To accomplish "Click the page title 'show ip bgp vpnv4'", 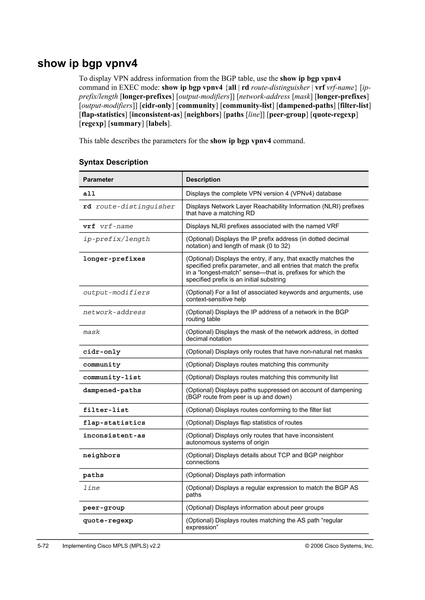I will click(87, 64).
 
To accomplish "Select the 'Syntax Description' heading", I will click(113, 162).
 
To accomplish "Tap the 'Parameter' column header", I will click(98, 180).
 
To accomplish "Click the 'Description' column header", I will click(203, 180).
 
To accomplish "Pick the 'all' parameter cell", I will click(89, 194).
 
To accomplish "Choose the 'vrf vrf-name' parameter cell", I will click(108, 226).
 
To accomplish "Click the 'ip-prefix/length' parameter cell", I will click(116, 239).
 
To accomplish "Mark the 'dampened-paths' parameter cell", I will click(112, 390).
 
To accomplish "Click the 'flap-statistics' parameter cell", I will click(114, 423).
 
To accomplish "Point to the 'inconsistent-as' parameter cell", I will click(114, 436).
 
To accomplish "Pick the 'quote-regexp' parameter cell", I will click(108, 521).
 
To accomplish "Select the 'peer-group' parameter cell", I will click(104, 508).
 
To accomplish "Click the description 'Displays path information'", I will click(236, 475).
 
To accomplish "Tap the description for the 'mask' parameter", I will click(272, 335).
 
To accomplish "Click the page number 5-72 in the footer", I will click(43, 546).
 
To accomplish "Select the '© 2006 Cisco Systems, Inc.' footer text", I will click(339, 546).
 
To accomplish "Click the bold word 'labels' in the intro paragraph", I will click(158, 124).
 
